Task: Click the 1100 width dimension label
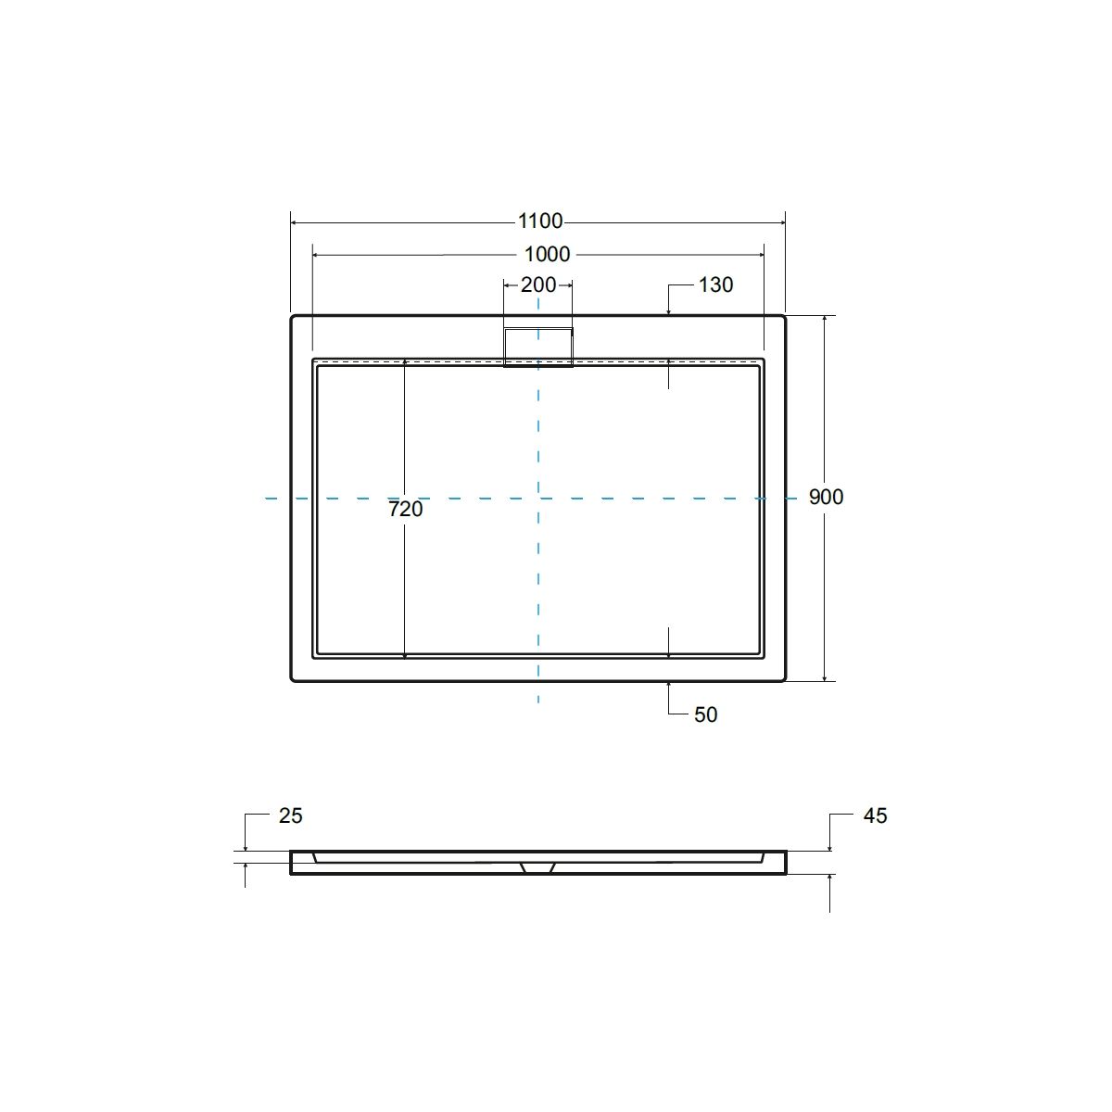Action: (540, 221)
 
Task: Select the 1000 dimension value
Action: (547, 254)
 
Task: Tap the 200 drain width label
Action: (538, 284)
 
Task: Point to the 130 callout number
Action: (715, 284)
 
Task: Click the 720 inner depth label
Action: (406, 509)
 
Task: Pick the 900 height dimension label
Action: (826, 497)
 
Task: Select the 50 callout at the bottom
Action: (705, 715)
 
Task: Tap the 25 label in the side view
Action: (290, 815)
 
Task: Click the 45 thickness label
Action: (875, 815)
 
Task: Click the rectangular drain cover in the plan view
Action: (538, 347)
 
